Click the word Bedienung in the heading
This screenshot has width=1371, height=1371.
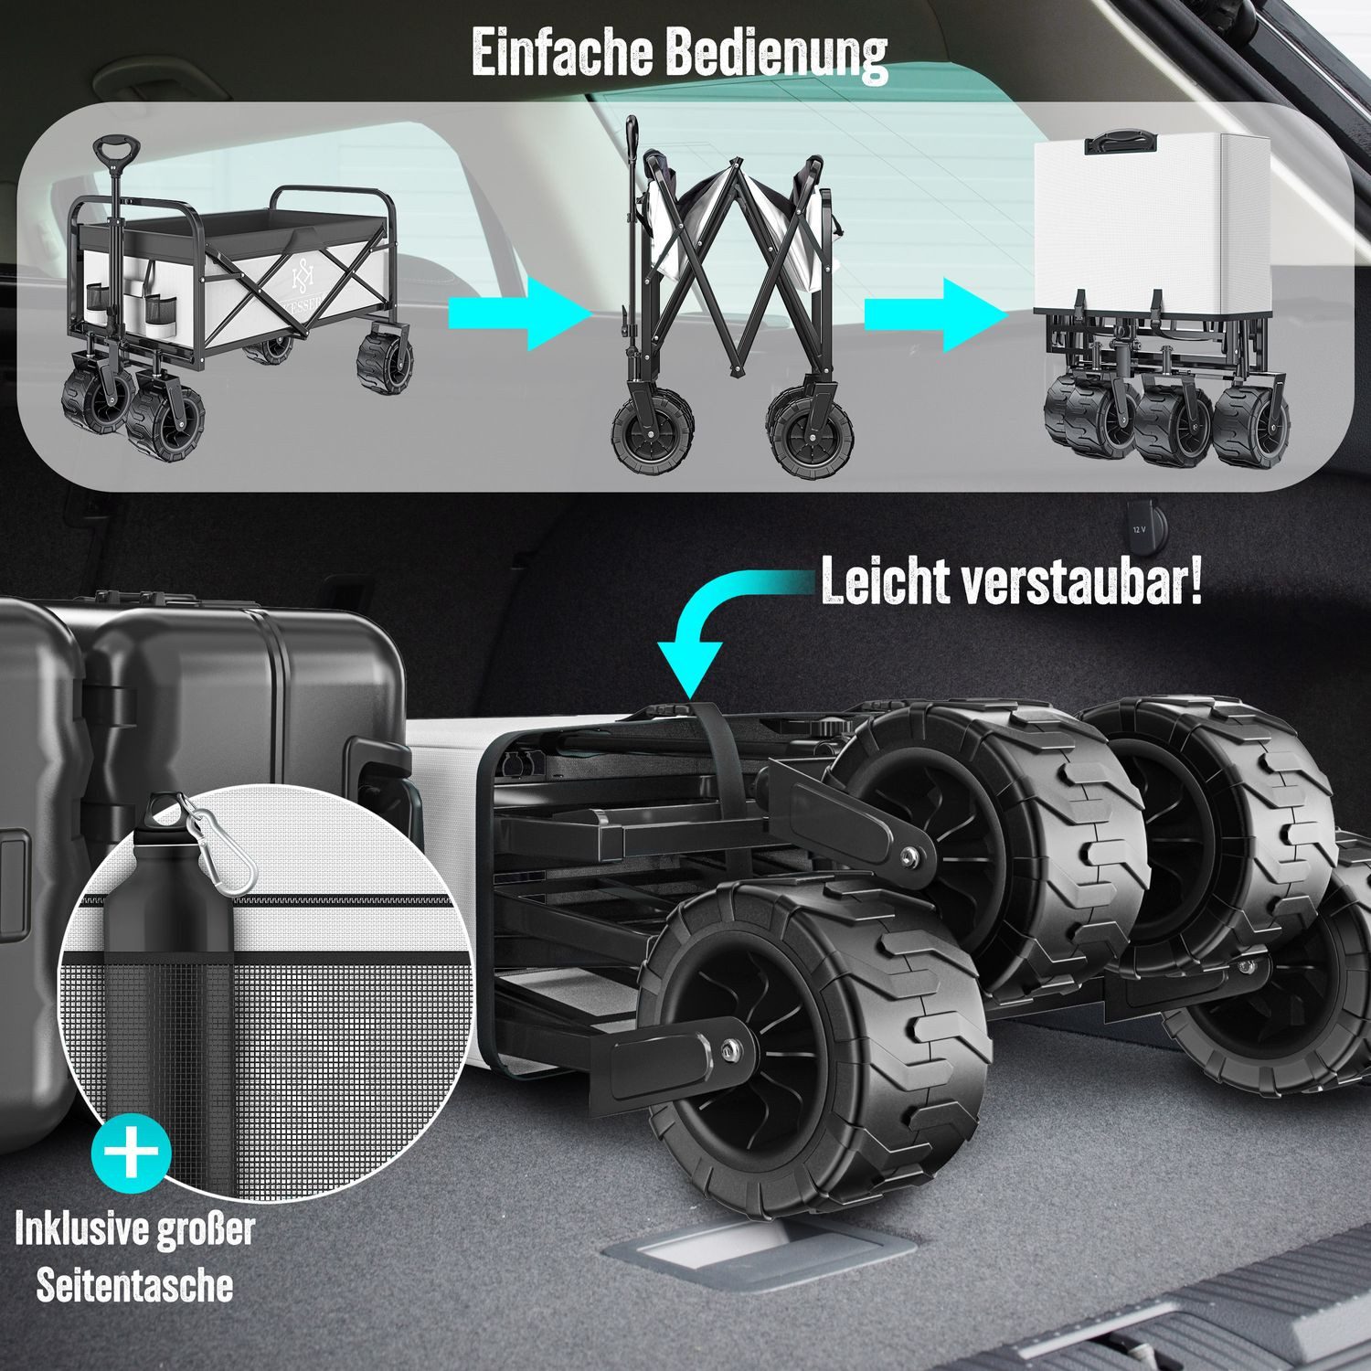coord(776,55)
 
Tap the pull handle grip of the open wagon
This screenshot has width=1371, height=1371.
coord(116,152)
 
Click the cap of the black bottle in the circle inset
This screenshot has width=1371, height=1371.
coord(165,808)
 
